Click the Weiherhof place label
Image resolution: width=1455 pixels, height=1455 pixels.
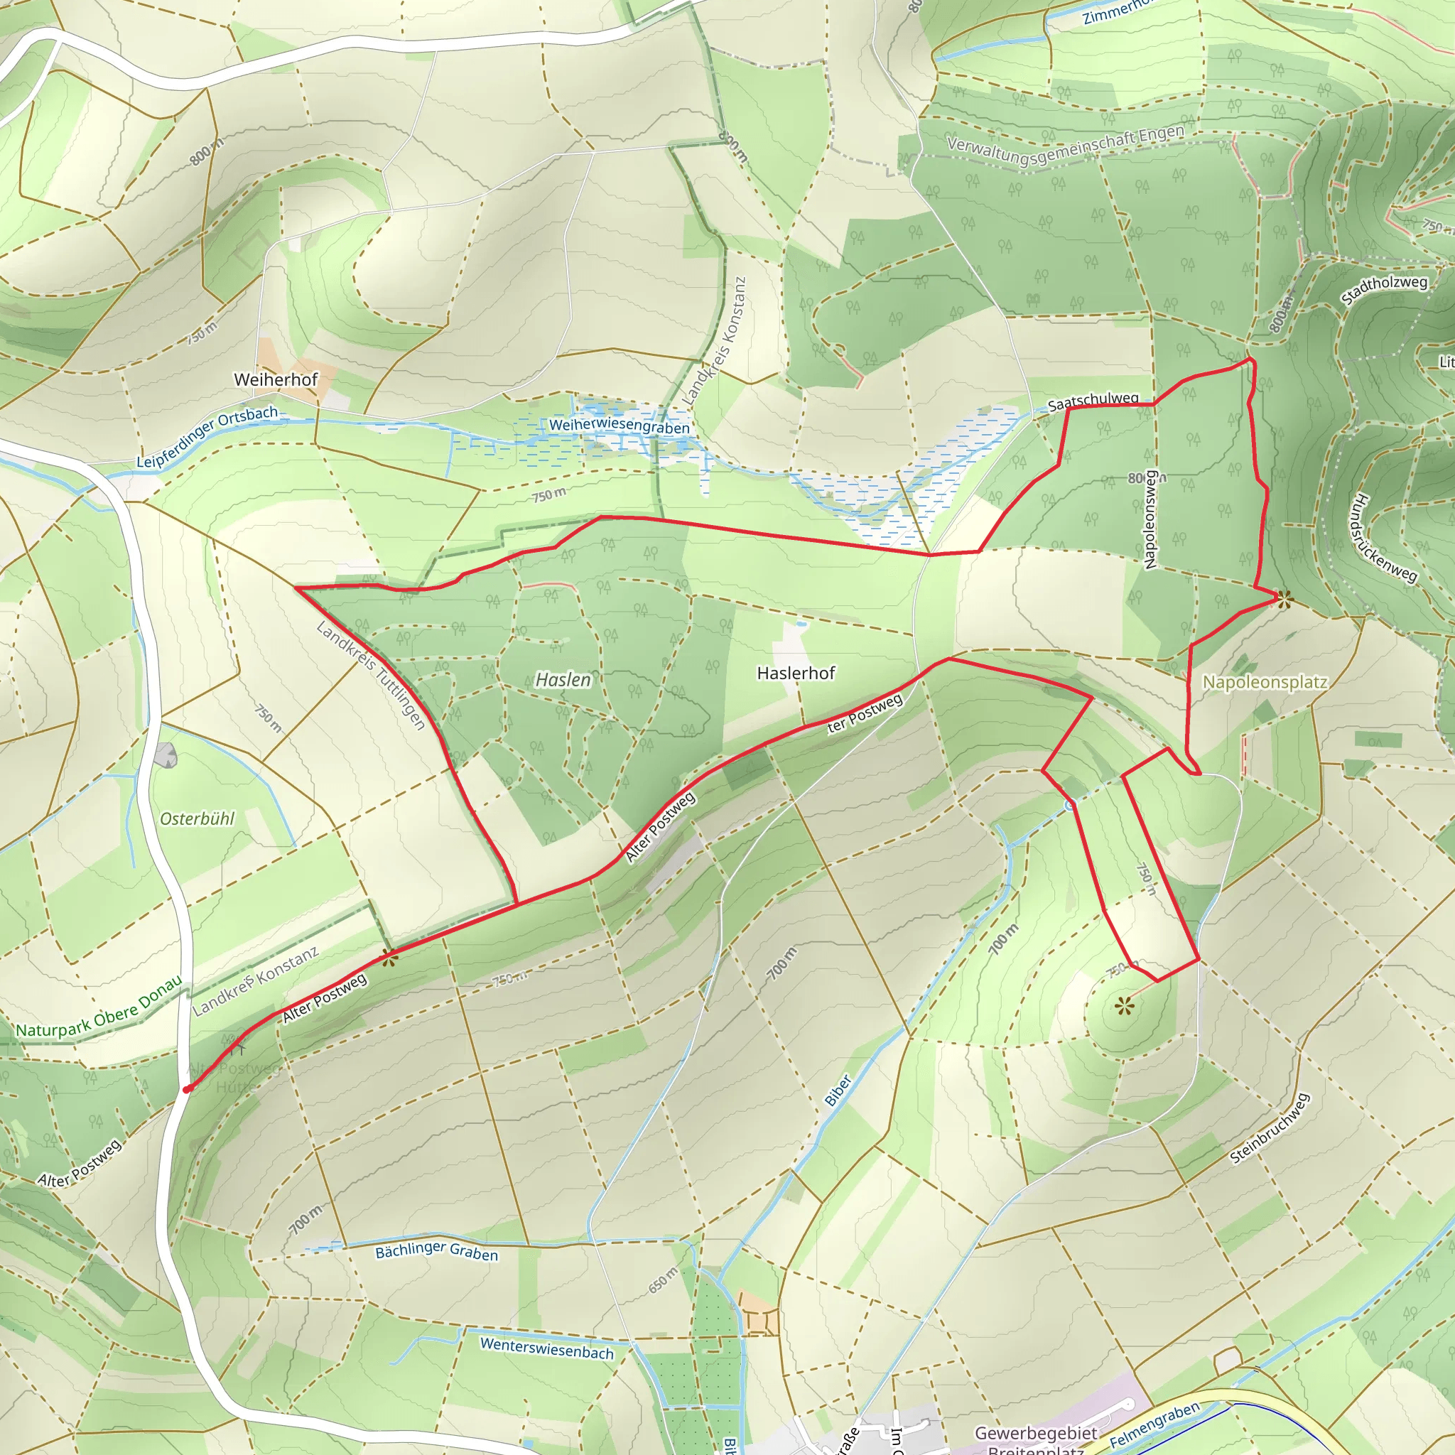pyautogui.click(x=276, y=379)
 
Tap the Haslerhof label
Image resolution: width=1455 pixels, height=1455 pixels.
pyautogui.click(x=796, y=674)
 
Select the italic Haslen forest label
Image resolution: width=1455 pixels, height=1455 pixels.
pyautogui.click(x=563, y=680)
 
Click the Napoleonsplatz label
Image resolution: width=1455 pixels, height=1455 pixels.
pyautogui.click(x=1265, y=682)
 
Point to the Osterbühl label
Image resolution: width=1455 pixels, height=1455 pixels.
pyautogui.click(x=198, y=818)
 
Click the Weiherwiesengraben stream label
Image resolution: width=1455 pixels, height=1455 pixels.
pyautogui.click(x=619, y=427)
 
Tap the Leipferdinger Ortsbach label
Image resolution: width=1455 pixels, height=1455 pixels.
pyautogui.click(x=207, y=437)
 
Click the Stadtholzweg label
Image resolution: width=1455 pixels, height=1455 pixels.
pyautogui.click(x=1384, y=291)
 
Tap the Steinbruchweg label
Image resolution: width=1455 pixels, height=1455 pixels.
pyautogui.click(x=1270, y=1129)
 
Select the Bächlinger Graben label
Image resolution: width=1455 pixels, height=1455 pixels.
pyautogui.click(x=437, y=1251)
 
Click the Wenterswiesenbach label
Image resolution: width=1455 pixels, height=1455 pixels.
pyautogui.click(x=547, y=1348)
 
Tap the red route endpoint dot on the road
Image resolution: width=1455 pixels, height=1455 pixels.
pyautogui.click(x=188, y=1088)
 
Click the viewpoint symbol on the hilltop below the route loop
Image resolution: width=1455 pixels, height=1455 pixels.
pyautogui.click(x=1124, y=1005)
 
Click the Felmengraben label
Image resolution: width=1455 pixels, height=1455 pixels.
pyautogui.click(x=1154, y=1425)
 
